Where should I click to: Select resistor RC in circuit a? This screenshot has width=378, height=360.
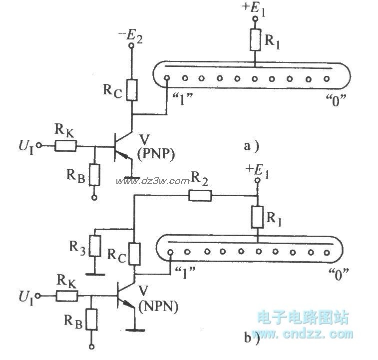(x=132, y=90)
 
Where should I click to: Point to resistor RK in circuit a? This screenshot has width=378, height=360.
(x=66, y=146)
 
